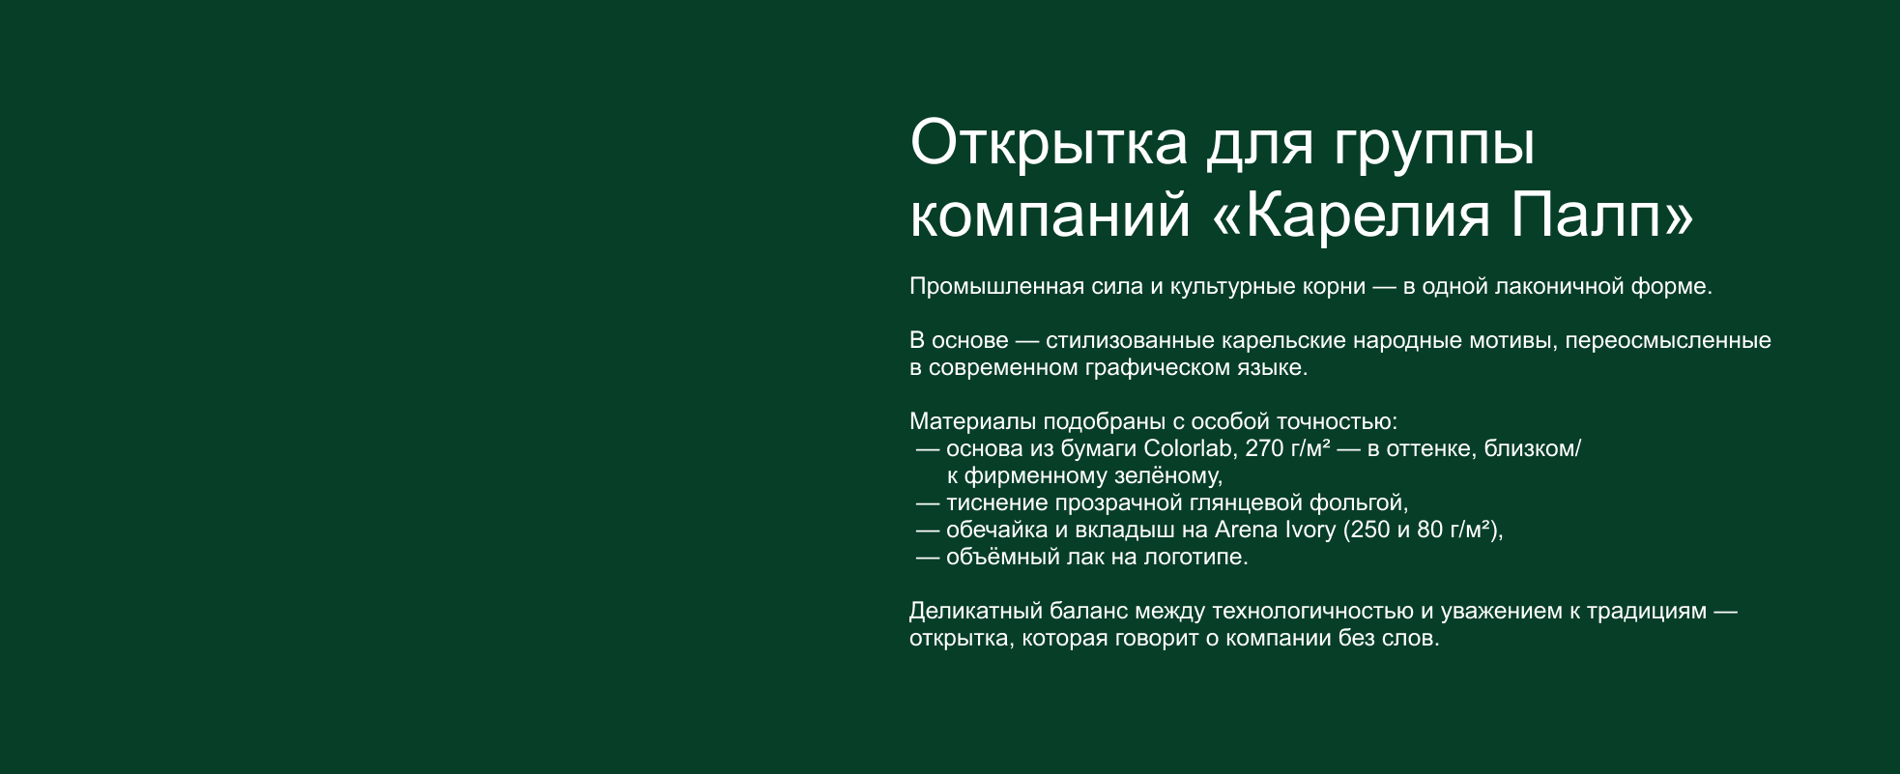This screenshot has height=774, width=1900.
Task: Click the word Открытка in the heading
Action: [1049, 143]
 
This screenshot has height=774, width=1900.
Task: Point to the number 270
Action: [1263, 448]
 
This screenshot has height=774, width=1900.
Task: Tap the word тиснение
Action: [996, 503]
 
